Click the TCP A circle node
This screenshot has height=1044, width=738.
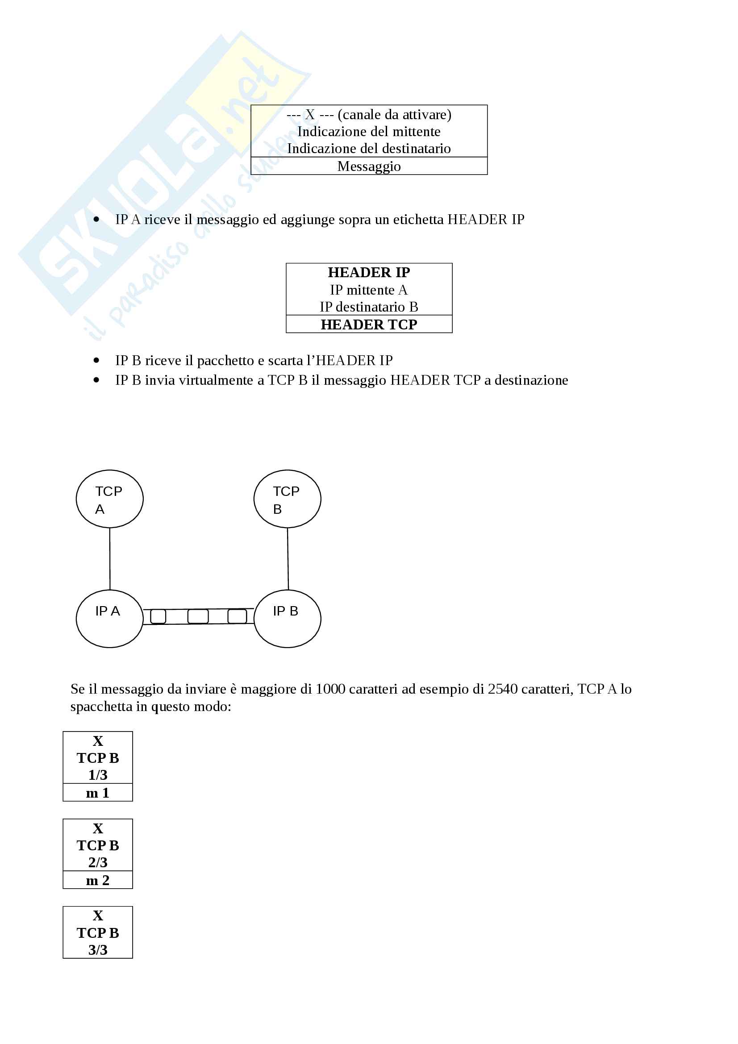click(109, 499)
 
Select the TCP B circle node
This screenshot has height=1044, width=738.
click(287, 499)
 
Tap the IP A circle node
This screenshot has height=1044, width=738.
click(109, 618)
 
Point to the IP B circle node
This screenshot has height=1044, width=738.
click(287, 618)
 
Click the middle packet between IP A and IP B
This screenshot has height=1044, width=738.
click(198, 616)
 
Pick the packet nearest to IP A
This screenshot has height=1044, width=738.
click(158, 616)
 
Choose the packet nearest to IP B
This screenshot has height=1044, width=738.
click(237, 616)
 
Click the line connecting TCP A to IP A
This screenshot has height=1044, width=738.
click(109, 558)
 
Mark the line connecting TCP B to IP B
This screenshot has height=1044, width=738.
click(288, 558)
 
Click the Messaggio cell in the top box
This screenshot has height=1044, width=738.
click(369, 166)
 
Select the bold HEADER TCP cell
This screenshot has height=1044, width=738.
click(369, 324)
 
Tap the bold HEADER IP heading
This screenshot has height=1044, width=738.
click(369, 272)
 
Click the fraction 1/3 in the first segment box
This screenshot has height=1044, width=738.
click(98, 775)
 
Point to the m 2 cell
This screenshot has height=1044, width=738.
click(98, 880)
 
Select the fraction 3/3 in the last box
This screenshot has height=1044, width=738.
click(98, 950)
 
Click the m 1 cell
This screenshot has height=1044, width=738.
click(98, 793)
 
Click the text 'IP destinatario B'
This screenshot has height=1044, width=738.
click(369, 307)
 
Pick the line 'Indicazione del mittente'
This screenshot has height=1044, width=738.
click(369, 132)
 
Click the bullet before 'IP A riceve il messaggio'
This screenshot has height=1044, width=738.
click(96, 220)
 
